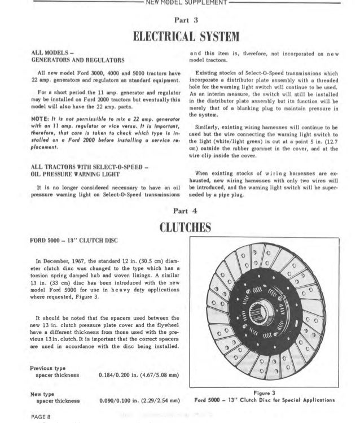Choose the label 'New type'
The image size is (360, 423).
pyautogui.click(x=42, y=393)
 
